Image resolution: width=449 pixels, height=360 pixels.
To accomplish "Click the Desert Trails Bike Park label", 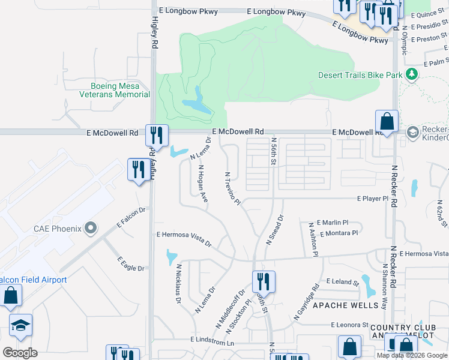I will [x=360, y=75].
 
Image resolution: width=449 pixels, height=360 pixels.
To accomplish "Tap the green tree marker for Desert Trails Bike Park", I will [x=411, y=74].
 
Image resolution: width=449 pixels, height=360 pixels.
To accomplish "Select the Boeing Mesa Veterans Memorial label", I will [x=114, y=90].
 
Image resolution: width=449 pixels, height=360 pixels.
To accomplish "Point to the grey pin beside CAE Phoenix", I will [x=91, y=228].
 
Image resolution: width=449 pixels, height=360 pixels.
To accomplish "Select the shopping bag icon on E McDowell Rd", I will [x=387, y=121].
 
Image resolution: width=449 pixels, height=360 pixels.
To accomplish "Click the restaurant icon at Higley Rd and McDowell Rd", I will [x=157, y=135].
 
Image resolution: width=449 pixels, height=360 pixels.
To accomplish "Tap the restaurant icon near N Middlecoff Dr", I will [x=263, y=281].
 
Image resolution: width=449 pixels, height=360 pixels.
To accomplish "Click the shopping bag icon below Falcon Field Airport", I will [x=10, y=296].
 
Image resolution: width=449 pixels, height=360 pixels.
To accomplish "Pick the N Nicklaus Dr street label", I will [x=178, y=285].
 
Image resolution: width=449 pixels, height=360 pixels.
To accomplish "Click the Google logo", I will [x=20, y=353].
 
